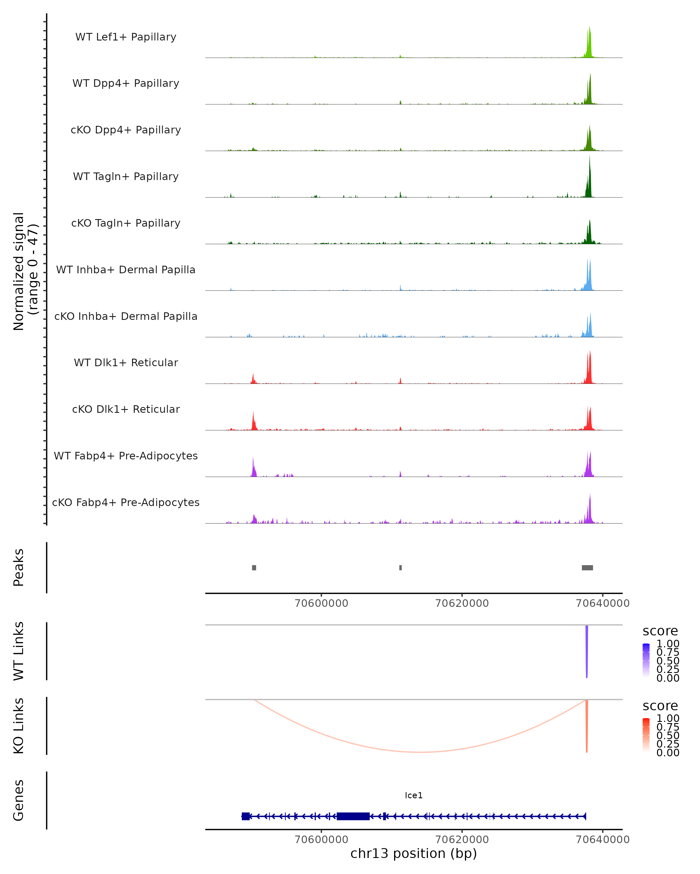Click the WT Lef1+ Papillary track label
(x=126, y=37)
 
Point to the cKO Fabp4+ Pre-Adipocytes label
(x=126, y=502)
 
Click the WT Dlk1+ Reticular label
(x=126, y=362)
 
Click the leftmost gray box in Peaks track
(x=254, y=568)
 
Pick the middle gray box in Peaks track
(x=400, y=568)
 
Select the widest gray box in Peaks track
(x=587, y=568)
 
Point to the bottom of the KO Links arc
(x=420, y=752)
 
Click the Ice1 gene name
(x=414, y=795)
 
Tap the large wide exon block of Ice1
(x=353, y=816)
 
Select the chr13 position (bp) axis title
(x=414, y=853)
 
